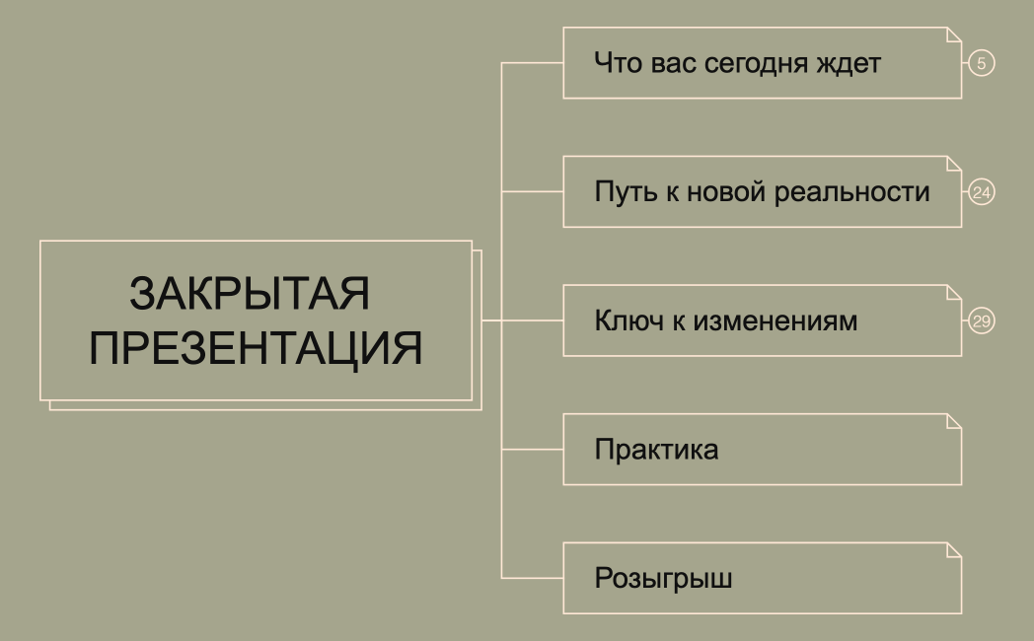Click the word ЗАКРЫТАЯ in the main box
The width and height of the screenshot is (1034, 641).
click(250, 295)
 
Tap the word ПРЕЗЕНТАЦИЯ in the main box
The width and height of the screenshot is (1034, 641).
click(257, 348)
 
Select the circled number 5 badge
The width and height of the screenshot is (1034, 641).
click(981, 63)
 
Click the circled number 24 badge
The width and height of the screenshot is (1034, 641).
click(981, 192)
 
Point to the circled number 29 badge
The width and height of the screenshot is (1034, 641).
click(981, 320)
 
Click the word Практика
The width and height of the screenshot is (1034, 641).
click(656, 451)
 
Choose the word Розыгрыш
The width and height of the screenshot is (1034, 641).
click(663, 579)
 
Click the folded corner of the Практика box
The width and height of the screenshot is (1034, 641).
click(954, 421)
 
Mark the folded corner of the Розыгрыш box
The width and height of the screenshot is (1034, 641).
click(954, 549)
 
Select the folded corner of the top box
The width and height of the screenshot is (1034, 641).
click(954, 35)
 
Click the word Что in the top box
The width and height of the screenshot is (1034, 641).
click(616, 64)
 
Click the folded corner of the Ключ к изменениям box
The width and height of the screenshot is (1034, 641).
click(954, 292)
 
